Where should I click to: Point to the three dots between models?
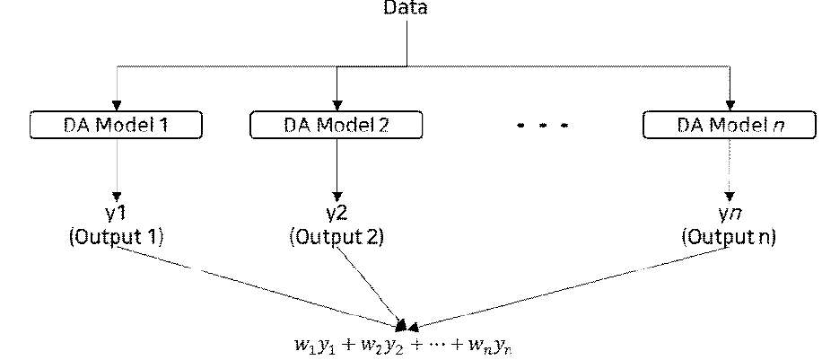(x=542, y=127)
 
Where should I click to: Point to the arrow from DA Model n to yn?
(x=729, y=171)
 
